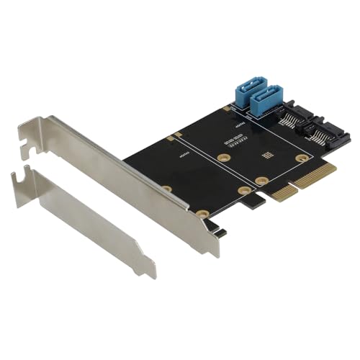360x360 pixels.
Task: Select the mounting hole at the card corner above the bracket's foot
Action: coord(204,214)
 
